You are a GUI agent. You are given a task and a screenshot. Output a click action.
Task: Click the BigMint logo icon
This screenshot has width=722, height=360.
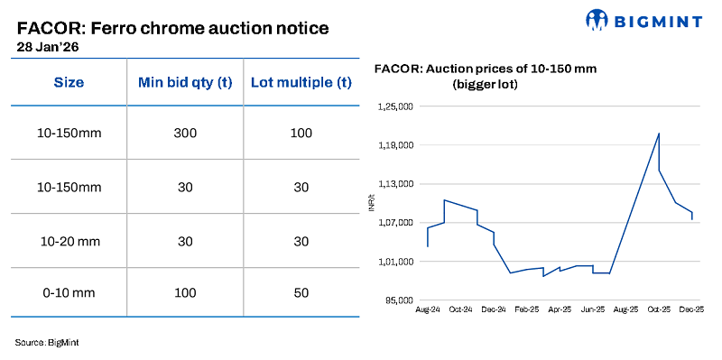pyautogui.click(x=598, y=20)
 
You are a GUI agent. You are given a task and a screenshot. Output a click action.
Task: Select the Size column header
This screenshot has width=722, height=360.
pyautogui.click(x=69, y=82)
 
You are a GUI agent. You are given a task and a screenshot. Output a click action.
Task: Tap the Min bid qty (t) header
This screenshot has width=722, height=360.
pyautogui.click(x=185, y=82)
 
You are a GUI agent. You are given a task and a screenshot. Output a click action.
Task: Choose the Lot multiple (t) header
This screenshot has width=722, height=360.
pyautogui.click(x=301, y=82)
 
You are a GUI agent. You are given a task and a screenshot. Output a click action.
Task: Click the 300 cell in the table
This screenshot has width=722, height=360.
pyautogui.click(x=185, y=134)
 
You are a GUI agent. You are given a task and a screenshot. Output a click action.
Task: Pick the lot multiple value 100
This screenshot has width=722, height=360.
pyautogui.click(x=301, y=134)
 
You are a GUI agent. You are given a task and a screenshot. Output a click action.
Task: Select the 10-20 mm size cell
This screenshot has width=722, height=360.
pyautogui.click(x=69, y=241)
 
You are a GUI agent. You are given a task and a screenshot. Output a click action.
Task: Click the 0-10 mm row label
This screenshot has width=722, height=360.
pyautogui.click(x=69, y=292)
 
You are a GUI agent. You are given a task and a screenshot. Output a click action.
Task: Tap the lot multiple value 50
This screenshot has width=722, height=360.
pyautogui.click(x=301, y=292)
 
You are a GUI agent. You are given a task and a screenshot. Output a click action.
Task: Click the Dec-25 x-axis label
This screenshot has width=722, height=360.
pyautogui.click(x=692, y=309)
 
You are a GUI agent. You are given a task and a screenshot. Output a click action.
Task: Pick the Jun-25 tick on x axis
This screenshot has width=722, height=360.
pyautogui.click(x=592, y=309)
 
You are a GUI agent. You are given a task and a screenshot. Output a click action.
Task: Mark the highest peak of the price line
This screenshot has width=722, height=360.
pyautogui.click(x=659, y=134)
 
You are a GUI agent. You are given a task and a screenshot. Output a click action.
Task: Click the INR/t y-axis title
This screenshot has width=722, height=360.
pyautogui.click(x=372, y=204)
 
